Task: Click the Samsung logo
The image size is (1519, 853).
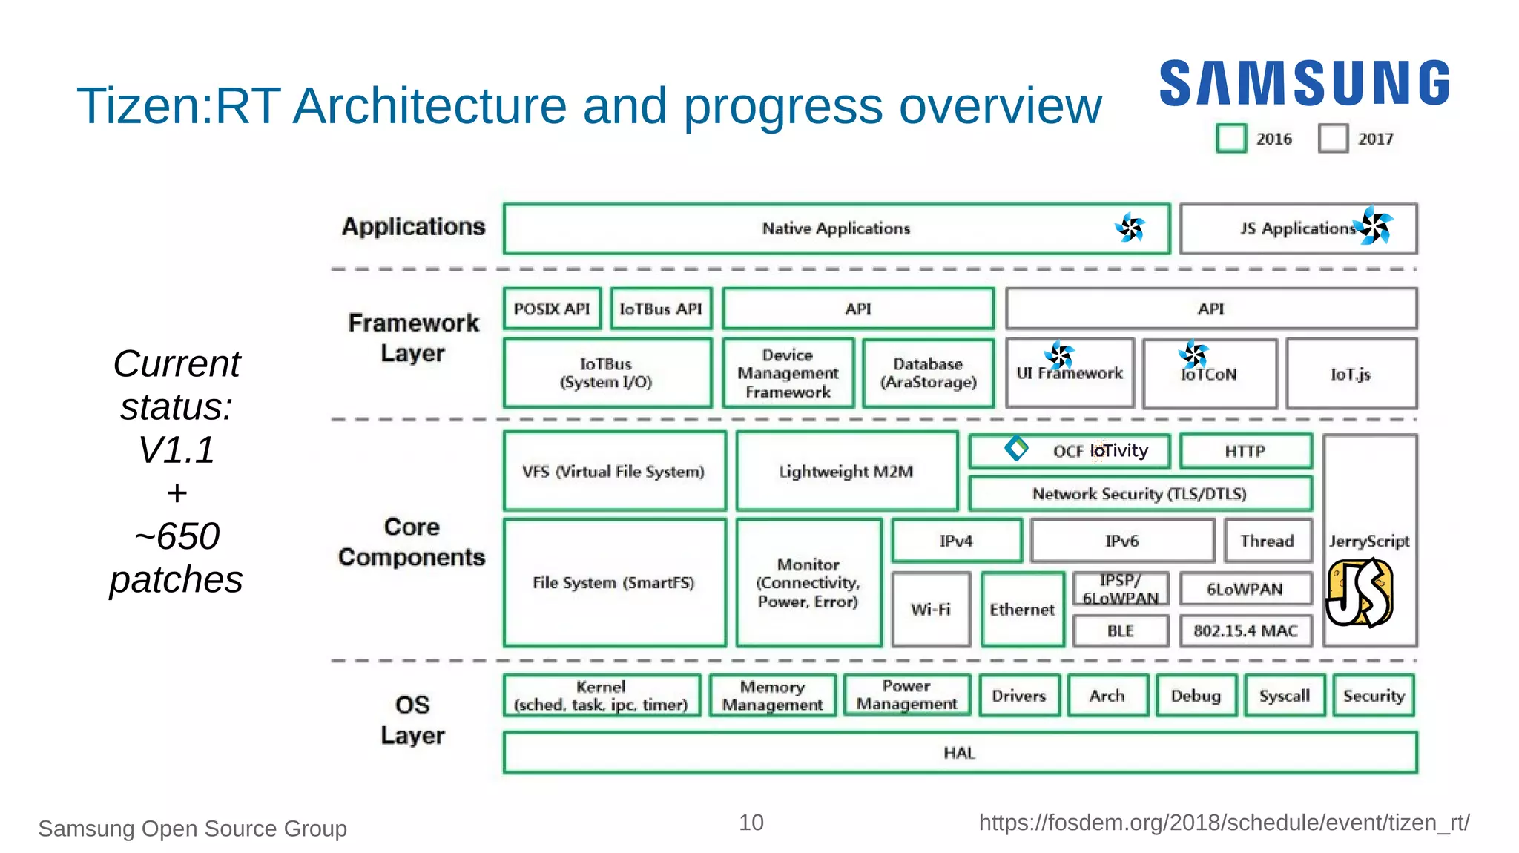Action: point(1304,83)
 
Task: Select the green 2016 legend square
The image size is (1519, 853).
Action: point(1231,139)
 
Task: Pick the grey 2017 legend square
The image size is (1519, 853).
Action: point(1333,139)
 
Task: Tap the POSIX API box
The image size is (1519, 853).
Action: point(552,309)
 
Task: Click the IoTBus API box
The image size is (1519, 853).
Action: point(661,309)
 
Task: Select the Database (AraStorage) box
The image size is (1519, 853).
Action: point(928,373)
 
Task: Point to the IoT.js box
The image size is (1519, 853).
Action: point(1351,374)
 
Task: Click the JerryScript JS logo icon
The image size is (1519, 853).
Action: point(1360,593)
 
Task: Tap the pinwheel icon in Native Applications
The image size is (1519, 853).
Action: point(1130,228)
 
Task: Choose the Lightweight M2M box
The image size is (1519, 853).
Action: point(846,471)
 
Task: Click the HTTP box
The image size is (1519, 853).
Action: point(1245,451)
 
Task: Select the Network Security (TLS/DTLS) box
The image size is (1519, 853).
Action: point(1139,493)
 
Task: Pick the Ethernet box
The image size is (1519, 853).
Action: point(1022,609)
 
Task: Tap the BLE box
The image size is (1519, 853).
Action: point(1120,630)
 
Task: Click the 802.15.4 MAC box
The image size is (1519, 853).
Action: point(1245,630)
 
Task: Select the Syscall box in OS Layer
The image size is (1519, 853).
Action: point(1285,696)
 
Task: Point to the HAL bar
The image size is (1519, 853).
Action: point(960,753)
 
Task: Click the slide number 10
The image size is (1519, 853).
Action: point(751,823)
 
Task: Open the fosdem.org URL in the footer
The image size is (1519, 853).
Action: point(1224,823)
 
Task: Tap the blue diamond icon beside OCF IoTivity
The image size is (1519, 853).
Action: point(1016,448)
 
